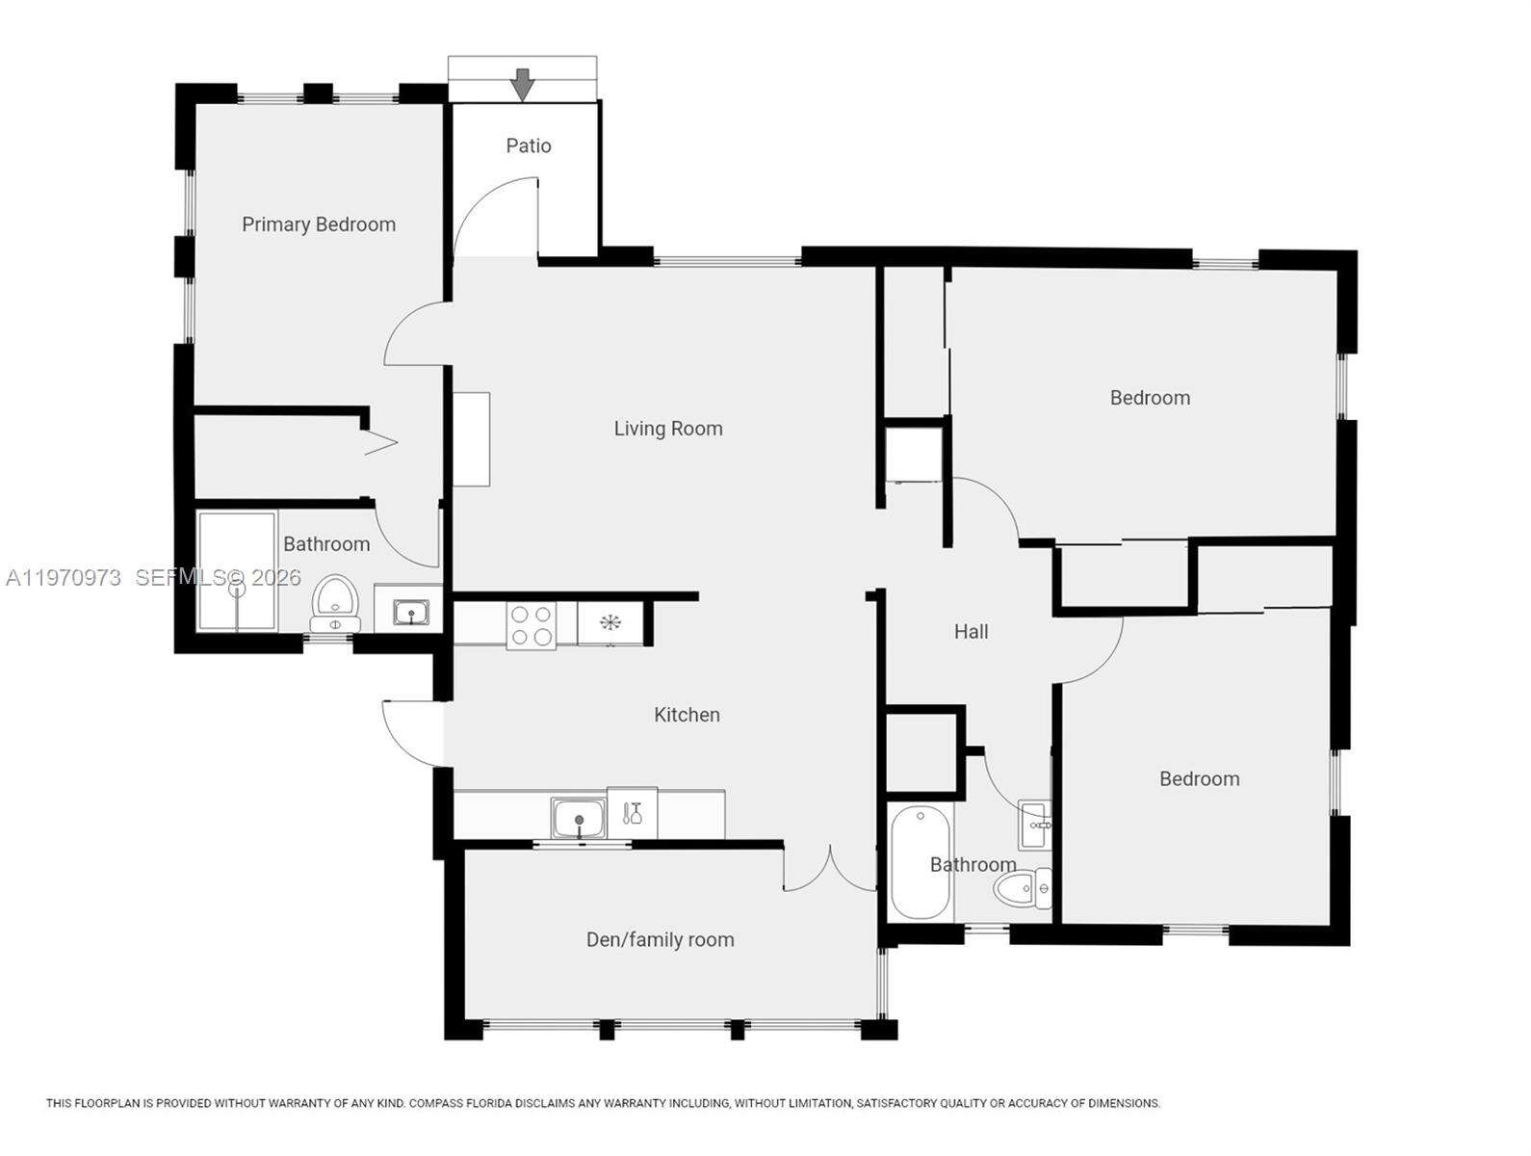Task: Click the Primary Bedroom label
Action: [319, 224]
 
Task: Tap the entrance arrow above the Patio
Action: [522, 85]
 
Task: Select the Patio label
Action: [529, 145]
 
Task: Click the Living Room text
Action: [668, 429]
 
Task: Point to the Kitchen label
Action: [687, 715]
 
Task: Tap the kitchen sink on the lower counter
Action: [579, 818]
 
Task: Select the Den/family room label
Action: [661, 939]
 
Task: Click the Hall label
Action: [971, 632]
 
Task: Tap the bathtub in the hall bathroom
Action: [921, 863]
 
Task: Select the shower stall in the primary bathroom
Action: [237, 571]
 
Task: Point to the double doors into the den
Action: [829, 869]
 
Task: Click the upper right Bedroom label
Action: [1150, 398]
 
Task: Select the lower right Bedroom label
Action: [1199, 779]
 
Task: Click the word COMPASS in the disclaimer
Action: [439, 1103]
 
